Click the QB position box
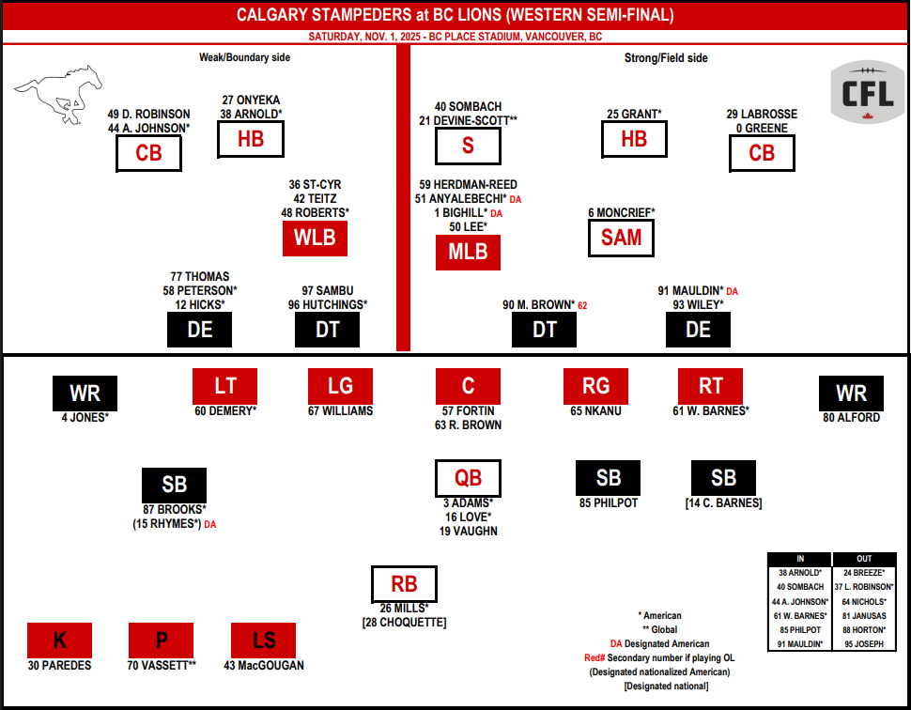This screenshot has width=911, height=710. tap(468, 478)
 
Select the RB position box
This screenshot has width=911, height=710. tap(405, 583)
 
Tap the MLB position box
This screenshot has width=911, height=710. tap(468, 253)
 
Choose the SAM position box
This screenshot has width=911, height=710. tap(621, 238)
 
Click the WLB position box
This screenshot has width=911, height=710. tap(315, 239)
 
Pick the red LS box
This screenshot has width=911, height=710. tap(264, 641)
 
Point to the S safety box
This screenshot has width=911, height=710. tap(468, 146)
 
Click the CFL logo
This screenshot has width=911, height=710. tap(867, 92)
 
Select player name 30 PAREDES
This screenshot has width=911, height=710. tap(59, 666)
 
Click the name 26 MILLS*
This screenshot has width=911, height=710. tap(405, 608)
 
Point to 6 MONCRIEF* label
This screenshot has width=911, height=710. tap(622, 213)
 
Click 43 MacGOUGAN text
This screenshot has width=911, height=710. tap(264, 666)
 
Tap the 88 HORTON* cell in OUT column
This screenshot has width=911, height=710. tap(864, 629)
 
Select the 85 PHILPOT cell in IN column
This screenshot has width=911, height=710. tap(799, 629)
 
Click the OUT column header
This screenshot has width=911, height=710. tap(864, 558)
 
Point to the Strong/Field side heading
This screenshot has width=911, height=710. tap(666, 58)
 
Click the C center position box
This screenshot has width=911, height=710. tap(468, 386)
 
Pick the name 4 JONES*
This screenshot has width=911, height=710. tap(85, 418)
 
